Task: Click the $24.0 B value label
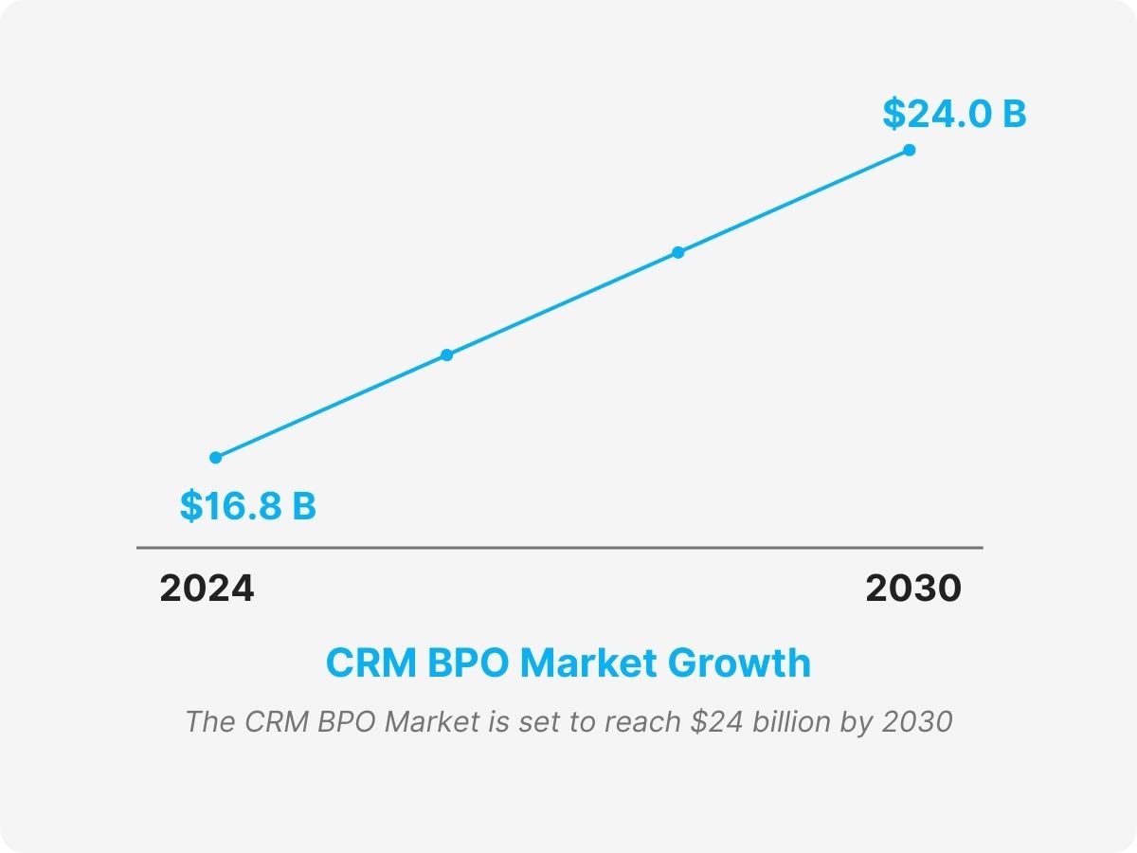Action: click(x=954, y=114)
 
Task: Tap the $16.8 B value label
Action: click(x=248, y=506)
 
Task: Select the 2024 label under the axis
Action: click(x=207, y=589)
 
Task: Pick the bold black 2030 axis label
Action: click(x=912, y=589)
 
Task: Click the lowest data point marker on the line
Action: click(x=216, y=457)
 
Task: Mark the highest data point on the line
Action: click(x=909, y=150)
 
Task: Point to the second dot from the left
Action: click(x=446, y=355)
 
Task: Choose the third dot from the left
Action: click(x=677, y=252)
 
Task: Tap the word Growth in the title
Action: click(x=739, y=662)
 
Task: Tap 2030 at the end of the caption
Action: click(x=916, y=721)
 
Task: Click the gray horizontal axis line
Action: click(x=559, y=548)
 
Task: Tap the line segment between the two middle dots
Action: click(x=562, y=303)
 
